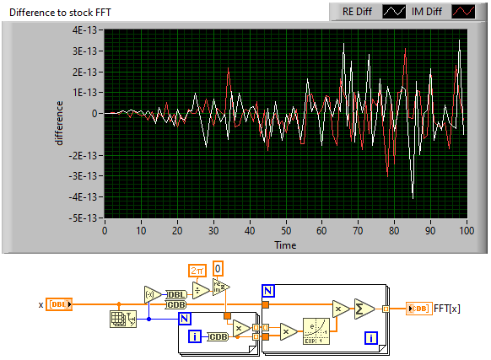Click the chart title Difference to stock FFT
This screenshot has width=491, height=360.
[60, 13]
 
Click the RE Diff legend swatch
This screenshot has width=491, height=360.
[394, 12]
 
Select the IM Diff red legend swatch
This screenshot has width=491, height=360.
[463, 12]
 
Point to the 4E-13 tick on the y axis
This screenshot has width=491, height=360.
[85, 30]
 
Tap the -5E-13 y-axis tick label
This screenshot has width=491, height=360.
[84, 218]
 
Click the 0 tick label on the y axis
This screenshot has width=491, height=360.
[94, 113]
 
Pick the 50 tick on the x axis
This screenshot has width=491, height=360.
[286, 231]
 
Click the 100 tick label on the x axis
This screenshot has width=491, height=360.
[467, 231]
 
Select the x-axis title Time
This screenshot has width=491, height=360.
[285, 244]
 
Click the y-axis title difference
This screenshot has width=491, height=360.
[58, 123]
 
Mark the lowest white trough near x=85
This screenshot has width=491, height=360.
[413, 198]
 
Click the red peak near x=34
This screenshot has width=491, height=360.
[229, 68]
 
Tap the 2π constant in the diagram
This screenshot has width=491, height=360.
[197, 271]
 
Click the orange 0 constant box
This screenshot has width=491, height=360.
[218, 269]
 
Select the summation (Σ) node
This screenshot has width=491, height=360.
[364, 309]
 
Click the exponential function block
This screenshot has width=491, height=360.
[316, 331]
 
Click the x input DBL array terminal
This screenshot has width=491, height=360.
[59, 304]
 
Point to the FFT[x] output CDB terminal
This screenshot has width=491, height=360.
[419, 309]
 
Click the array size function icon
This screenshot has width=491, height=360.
[123, 319]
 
